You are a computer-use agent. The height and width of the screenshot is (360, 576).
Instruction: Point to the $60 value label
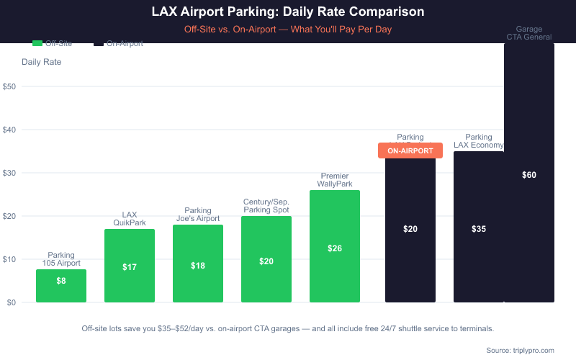pyautogui.click(x=529, y=175)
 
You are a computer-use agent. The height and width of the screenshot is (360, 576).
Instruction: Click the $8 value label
pyautogui.click(x=61, y=281)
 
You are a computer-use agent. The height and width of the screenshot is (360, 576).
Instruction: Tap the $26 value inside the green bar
pyautogui.click(x=335, y=248)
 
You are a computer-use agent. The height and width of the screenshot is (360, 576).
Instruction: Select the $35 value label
pyautogui.click(x=479, y=229)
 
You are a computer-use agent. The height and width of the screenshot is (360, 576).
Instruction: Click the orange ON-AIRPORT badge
pyautogui.click(x=410, y=150)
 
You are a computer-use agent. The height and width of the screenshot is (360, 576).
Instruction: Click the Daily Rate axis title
pyautogui.click(x=42, y=62)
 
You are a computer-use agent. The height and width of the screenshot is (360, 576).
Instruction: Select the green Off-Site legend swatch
pyautogui.click(x=38, y=43)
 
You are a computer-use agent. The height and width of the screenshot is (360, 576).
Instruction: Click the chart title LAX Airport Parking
pyautogui.click(x=288, y=12)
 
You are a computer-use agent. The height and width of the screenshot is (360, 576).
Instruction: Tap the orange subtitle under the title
pyautogui.click(x=288, y=30)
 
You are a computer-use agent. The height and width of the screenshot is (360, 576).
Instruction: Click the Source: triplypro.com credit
pyautogui.click(x=520, y=350)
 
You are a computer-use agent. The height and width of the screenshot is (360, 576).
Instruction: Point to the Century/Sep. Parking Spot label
pyautogui.click(x=266, y=206)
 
